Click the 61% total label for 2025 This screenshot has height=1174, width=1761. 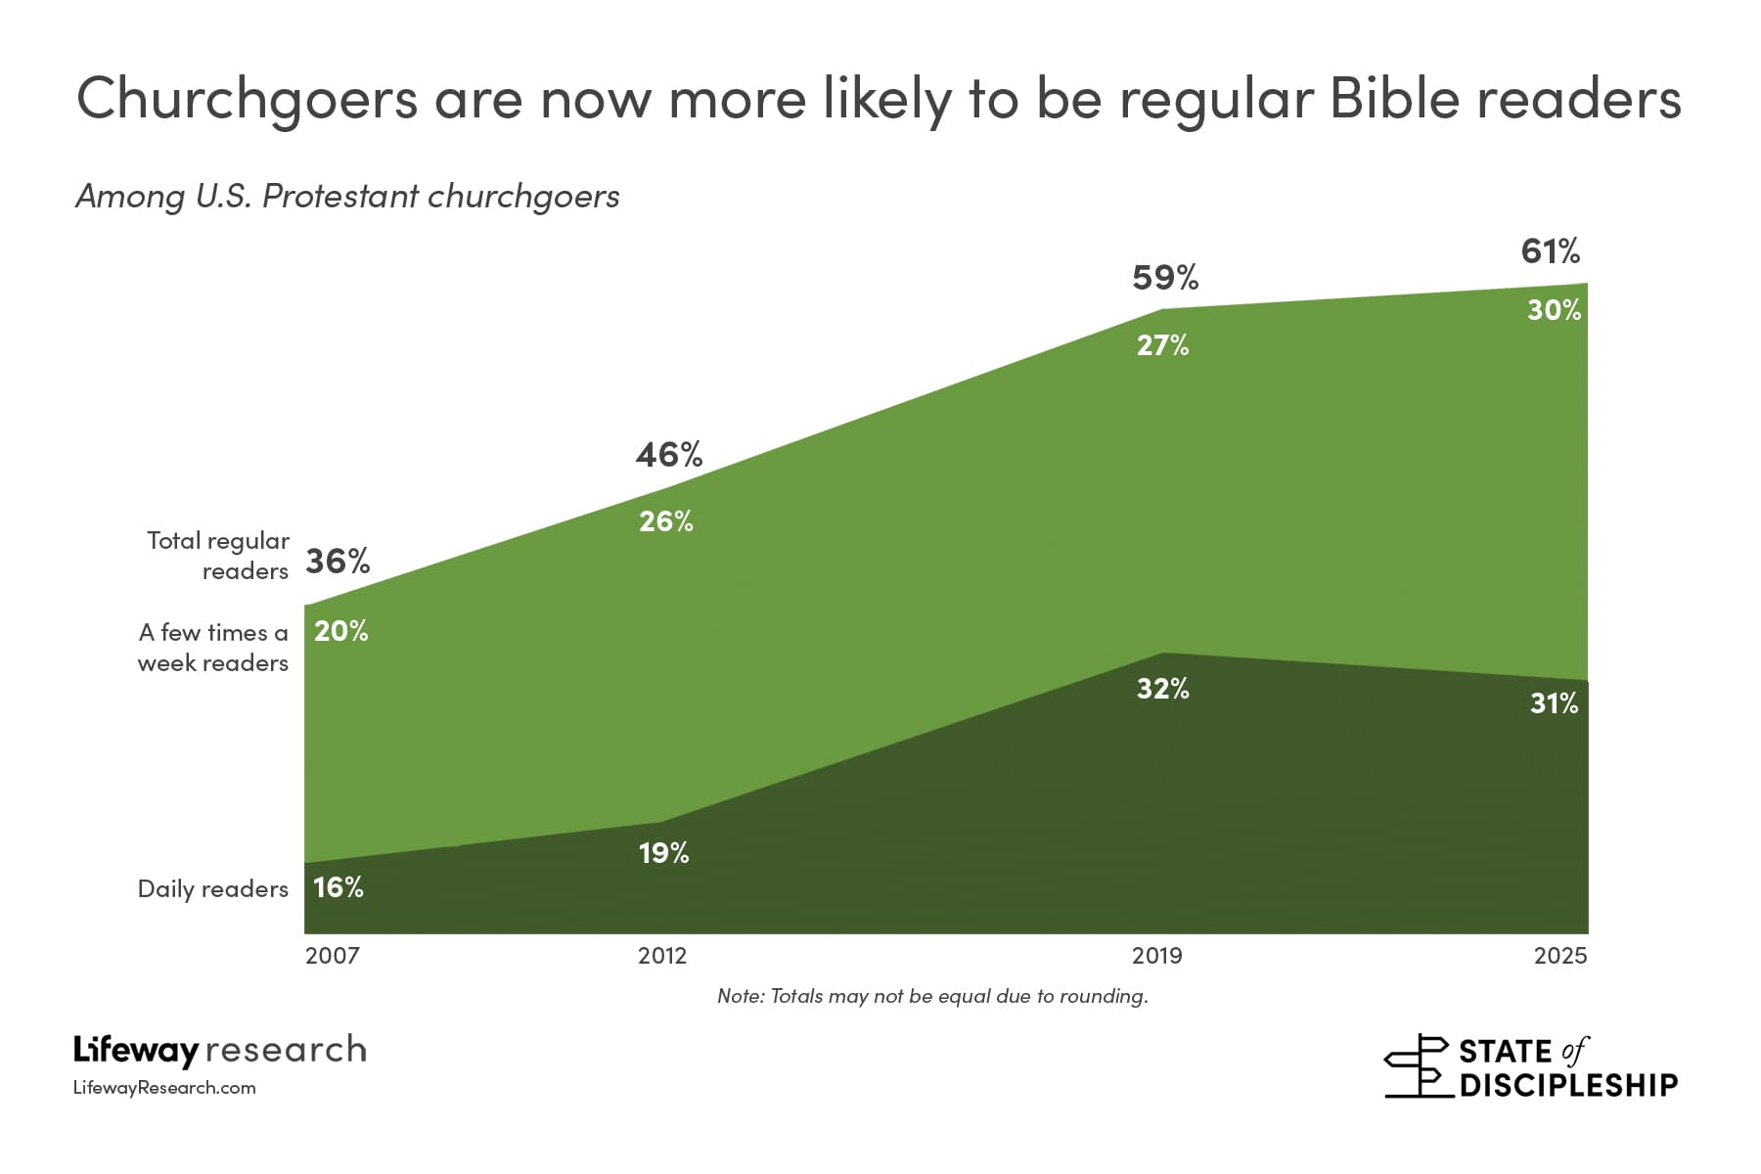1550,252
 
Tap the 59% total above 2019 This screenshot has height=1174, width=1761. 1164,279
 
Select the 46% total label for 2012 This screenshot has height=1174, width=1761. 669,455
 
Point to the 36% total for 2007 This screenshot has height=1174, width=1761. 338,562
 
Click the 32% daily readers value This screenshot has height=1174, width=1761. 1162,689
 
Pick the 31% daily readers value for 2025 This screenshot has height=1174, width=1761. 1554,703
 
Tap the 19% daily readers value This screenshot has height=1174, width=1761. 663,853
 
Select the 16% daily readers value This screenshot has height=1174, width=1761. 339,887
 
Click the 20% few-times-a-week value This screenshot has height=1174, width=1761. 340,631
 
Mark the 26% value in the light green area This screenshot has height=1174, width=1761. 665,521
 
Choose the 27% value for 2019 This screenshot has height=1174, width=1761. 1162,345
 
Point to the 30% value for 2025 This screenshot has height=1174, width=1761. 1554,310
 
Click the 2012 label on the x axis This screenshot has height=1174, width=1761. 662,956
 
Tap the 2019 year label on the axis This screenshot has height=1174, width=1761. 1156,956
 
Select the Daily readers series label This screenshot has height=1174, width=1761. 213,888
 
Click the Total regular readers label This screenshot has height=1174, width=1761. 219,556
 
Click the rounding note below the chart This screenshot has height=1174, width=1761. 932,996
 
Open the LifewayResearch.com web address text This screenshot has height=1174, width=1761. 164,1088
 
